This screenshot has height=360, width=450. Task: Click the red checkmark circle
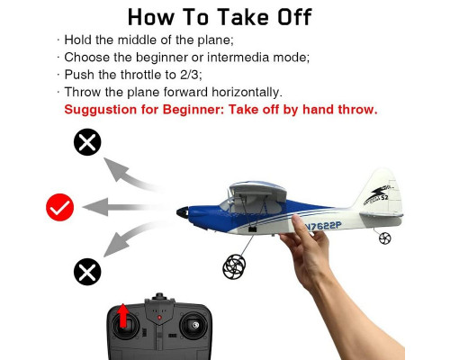click(x=59, y=207)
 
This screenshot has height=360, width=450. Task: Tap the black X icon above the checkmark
click(x=87, y=142)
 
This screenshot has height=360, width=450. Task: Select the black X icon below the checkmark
click(x=87, y=272)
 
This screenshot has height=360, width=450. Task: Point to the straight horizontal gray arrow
click(x=120, y=207)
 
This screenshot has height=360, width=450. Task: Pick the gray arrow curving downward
click(x=126, y=240)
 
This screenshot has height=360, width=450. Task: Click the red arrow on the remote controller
click(x=123, y=316)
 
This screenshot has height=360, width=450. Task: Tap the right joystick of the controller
click(x=193, y=325)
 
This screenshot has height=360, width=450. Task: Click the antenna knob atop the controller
click(x=159, y=296)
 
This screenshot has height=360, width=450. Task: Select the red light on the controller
click(x=159, y=318)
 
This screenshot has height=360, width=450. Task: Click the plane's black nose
click(x=182, y=212)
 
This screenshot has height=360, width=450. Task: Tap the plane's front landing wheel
click(x=234, y=266)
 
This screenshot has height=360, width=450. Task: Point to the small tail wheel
click(x=385, y=238)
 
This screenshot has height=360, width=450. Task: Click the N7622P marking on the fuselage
click(x=323, y=226)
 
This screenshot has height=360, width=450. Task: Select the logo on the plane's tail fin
click(x=377, y=195)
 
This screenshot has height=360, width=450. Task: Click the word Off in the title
click(x=294, y=17)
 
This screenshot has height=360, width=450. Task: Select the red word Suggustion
click(x=101, y=110)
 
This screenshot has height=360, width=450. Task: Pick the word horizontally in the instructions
click(x=245, y=92)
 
